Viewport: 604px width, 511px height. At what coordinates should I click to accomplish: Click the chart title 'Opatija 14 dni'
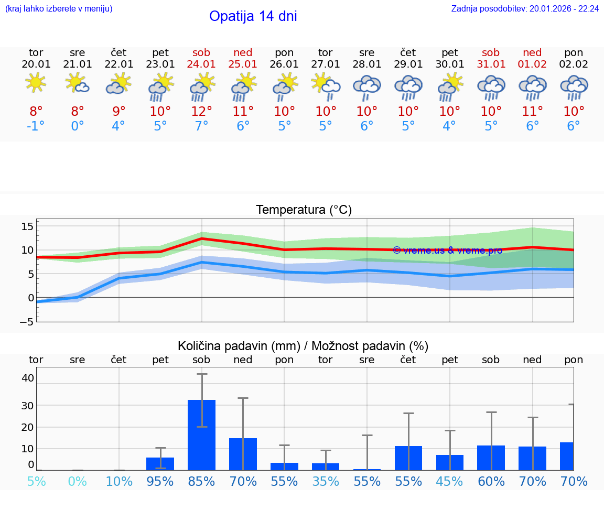coord(253,16)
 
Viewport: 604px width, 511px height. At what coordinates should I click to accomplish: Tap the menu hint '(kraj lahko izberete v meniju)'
coord(59,8)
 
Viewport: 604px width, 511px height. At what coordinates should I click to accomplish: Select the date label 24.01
coord(201,64)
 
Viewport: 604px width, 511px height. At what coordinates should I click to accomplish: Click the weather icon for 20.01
coord(36,82)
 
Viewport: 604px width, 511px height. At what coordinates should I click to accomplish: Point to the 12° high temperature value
coord(201,111)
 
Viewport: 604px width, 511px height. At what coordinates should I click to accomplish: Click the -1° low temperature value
coord(36,126)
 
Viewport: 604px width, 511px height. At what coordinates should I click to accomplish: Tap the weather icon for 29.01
coord(408,86)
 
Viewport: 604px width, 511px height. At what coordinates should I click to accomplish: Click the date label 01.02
coord(532,64)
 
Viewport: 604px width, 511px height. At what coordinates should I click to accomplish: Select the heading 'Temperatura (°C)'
coord(304,210)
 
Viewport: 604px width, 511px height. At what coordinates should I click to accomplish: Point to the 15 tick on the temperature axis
coord(27,226)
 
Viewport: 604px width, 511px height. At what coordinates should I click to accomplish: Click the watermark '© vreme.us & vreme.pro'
coord(447,251)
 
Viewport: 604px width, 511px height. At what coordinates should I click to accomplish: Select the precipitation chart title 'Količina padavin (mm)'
coord(239,346)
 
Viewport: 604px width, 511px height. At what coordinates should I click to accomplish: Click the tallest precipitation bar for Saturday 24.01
coord(201,435)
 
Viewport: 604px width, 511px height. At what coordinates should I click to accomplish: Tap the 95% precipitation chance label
coord(160,481)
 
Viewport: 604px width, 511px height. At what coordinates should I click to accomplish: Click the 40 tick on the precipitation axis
coord(28,378)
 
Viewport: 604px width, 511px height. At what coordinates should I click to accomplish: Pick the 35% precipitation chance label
coord(326,481)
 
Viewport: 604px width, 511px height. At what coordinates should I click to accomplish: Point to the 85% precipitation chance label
coord(201,481)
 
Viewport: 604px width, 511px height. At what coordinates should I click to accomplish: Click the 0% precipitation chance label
coord(77,481)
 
